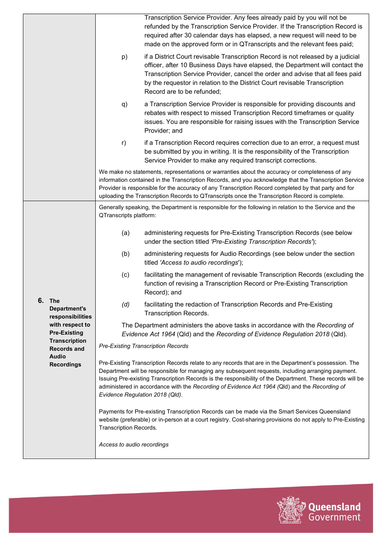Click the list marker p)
coord(124,57)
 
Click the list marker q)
coord(124,104)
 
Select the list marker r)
coord(124,143)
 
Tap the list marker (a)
coord(125,233)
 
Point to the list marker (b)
coord(125,254)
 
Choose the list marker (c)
coord(125,275)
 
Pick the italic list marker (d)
coord(125,304)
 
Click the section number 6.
coord(41,300)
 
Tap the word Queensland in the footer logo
coord(334,507)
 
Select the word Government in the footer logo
coord(334,517)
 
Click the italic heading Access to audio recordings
coord(133,444)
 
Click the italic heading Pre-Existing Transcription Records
coord(144,346)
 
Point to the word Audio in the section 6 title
coord(58,356)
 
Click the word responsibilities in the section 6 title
coord(70,317)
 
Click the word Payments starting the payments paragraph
coord(111,411)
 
